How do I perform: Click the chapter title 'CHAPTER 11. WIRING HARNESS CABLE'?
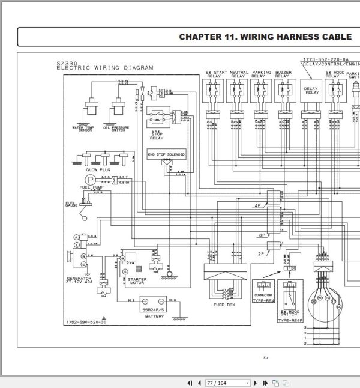point(265,37)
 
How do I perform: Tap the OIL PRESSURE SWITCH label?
point(115,129)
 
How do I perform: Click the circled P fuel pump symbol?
point(89,180)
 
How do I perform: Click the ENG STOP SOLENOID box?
point(167,155)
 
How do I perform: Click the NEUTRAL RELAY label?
point(239,74)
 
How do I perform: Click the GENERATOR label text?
point(79,279)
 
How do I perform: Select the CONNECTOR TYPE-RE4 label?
point(264,297)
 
